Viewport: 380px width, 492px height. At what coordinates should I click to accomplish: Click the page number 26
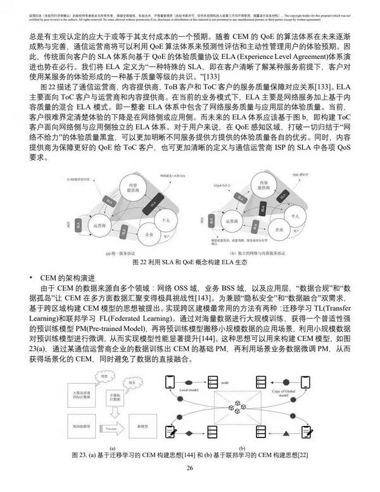[x=189, y=469]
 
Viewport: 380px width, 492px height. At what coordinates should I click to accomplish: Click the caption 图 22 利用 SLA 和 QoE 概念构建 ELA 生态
[x=189, y=261]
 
